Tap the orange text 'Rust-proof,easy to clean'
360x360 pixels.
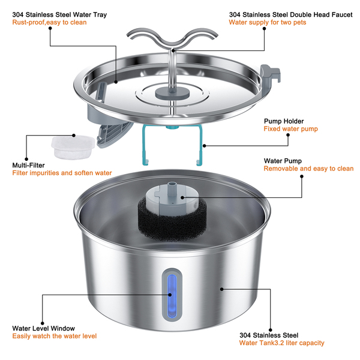pyautogui.click(x=49, y=22)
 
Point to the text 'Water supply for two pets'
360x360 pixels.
pyautogui.click(x=268, y=22)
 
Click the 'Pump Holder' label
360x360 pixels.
pyautogui.click(x=284, y=120)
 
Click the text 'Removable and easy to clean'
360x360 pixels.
pyautogui.click(x=307, y=169)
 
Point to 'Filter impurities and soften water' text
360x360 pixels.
pyautogui.click(x=62, y=173)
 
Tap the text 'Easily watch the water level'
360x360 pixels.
pyautogui.click(x=54, y=337)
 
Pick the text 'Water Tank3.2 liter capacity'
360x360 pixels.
pyautogui.click(x=281, y=343)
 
